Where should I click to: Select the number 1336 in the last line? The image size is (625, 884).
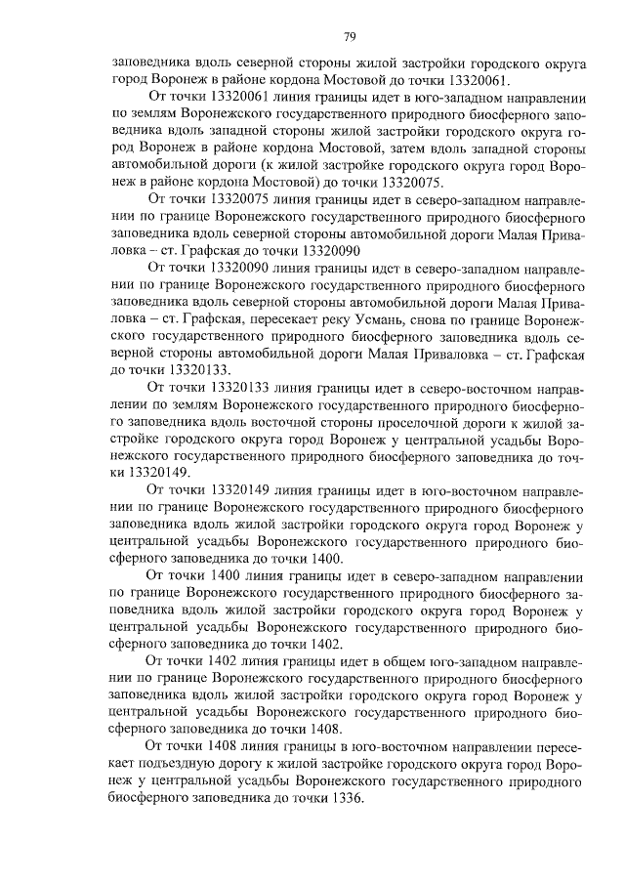click(x=342, y=797)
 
